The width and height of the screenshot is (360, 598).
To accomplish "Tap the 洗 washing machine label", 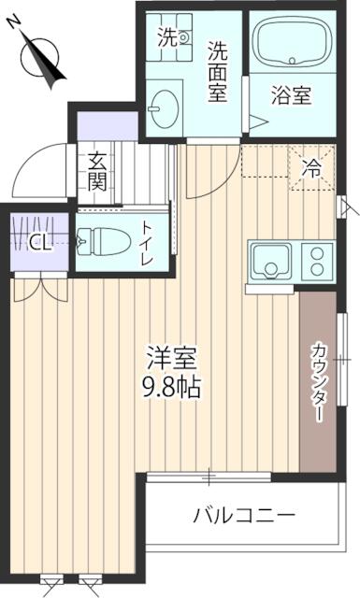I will click(x=166, y=37).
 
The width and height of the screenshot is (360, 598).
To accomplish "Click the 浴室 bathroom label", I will click(x=291, y=95).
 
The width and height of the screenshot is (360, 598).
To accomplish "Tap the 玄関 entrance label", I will click(x=97, y=171).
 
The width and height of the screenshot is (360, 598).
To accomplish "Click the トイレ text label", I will click(x=148, y=242).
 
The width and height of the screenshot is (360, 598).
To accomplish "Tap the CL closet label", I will click(x=38, y=243).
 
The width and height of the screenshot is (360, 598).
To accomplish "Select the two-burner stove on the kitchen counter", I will click(x=316, y=260).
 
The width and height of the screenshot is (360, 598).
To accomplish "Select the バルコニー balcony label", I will click(x=244, y=515).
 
